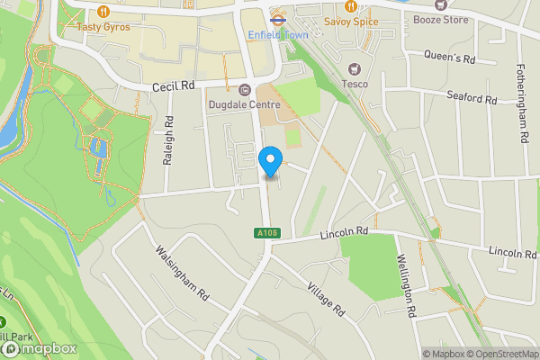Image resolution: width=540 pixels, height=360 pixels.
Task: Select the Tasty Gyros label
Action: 103,27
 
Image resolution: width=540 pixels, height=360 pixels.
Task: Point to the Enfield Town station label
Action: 279,34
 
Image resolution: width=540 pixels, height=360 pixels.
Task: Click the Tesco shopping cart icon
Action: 354,69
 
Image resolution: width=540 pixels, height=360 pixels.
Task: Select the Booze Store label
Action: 441,19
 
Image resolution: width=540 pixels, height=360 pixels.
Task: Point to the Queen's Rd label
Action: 449,58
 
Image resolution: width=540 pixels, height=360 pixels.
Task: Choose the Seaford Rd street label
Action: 472,96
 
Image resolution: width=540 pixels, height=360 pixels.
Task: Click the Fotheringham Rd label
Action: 522,103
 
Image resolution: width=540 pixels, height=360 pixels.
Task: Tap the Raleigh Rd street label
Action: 168,146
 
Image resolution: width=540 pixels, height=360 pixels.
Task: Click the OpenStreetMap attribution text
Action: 499,354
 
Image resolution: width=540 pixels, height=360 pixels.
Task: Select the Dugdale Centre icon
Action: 245,89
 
